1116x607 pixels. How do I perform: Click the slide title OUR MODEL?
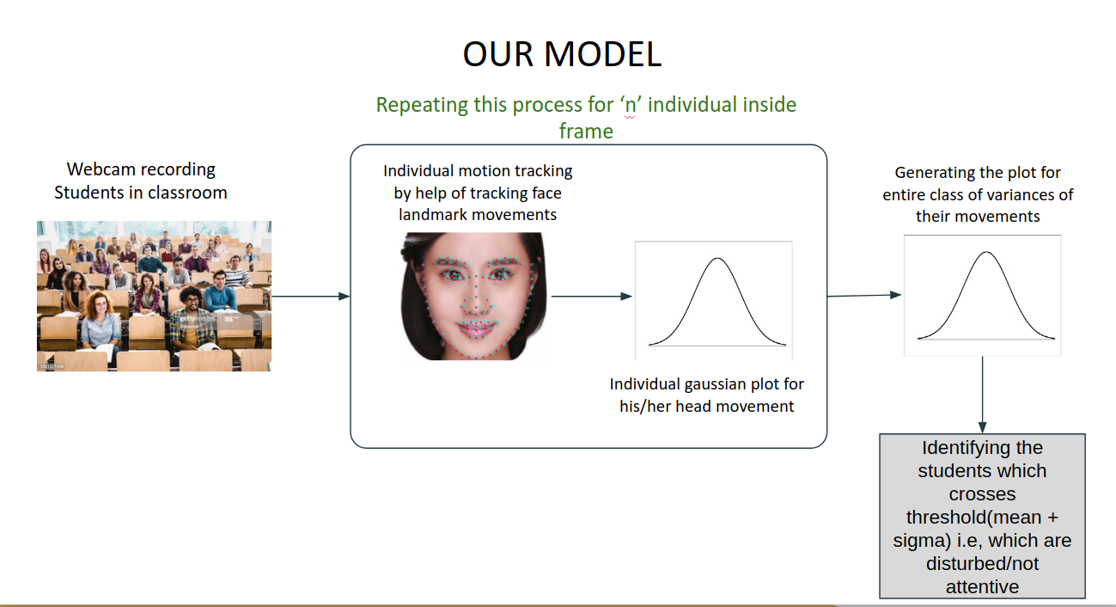tap(562, 54)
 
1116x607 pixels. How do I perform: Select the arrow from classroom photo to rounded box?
tap(310, 297)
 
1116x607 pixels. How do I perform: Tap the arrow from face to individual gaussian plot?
tap(591, 297)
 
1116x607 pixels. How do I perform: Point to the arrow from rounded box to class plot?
tap(864, 295)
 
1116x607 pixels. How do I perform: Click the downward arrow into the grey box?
tap(983, 395)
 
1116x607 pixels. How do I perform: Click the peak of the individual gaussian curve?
tap(717, 258)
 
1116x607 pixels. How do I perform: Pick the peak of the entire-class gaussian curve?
tap(986, 253)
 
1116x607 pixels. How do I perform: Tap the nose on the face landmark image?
tap(476, 299)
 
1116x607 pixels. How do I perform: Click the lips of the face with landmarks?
tap(476, 328)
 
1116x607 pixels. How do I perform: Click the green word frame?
tap(586, 132)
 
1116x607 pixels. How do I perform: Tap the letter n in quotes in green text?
tap(631, 105)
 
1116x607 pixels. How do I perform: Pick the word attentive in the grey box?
tap(983, 587)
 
